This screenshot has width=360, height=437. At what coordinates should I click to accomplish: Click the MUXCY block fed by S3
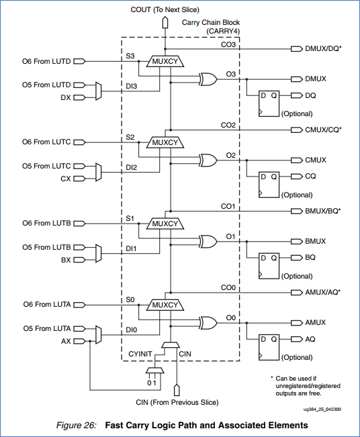pos(165,61)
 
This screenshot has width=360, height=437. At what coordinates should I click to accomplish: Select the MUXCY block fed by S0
pos(165,305)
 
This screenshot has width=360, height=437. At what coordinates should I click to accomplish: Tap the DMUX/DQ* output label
pos(323,49)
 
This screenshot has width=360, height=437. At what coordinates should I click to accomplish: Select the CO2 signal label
pos(228,126)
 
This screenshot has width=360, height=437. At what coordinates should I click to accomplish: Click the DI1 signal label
pos(131,248)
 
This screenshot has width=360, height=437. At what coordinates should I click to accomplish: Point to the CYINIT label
pos(141,352)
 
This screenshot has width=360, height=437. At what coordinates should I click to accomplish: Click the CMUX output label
pos(315,160)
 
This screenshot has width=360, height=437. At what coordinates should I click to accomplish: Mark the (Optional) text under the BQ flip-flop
pos(296,276)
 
